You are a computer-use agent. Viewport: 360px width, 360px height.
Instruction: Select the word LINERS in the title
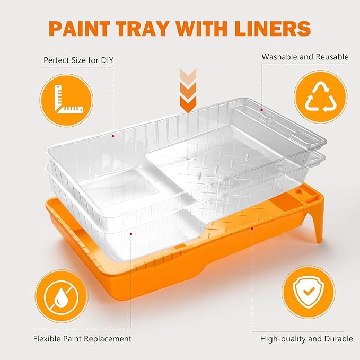pos(273,29)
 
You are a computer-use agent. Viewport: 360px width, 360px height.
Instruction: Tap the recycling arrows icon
pos(321,97)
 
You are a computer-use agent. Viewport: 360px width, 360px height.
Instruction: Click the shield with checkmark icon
pos(309,292)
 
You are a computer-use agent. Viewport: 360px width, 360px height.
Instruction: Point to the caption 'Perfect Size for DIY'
pos(78,60)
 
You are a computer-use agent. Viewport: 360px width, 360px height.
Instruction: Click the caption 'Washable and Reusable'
pos(305,57)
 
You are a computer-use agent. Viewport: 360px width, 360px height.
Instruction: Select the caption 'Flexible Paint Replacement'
pos(82,339)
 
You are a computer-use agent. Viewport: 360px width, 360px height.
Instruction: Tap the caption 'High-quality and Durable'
pos(306,339)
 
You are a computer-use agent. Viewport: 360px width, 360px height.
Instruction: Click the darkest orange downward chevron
pos(188,104)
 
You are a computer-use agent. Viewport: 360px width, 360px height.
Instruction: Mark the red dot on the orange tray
pos(252,228)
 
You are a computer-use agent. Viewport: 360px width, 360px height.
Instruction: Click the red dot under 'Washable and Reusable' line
pos(261,110)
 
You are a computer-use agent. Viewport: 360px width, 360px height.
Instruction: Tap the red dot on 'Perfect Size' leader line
pos(113,136)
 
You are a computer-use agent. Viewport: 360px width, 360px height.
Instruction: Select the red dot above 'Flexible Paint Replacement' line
pos(131,234)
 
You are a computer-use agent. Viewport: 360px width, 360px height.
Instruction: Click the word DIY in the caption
pos(107,60)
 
